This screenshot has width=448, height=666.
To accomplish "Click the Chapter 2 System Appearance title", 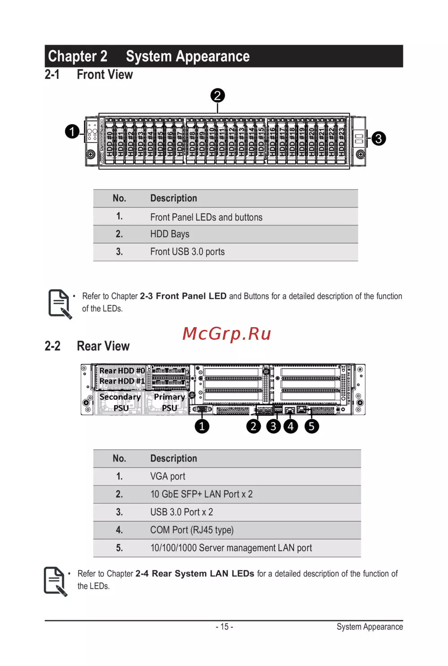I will pyautogui.click(x=149, y=56).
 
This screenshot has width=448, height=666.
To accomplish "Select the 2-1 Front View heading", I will pyautogui.click(x=89, y=74).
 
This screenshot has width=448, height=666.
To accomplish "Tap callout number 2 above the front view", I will pyautogui.click(x=217, y=95).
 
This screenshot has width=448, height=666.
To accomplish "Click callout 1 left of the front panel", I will pyautogui.click(x=72, y=131).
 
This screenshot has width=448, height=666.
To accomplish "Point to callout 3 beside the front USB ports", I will pyautogui.click(x=378, y=138).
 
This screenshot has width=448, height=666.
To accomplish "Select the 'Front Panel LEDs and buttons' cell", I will pyautogui.click(x=206, y=217).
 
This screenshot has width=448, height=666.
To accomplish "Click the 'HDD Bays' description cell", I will pyautogui.click(x=170, y=234).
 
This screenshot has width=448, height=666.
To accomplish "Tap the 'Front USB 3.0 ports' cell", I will pyautogui.click(x=187, y=252).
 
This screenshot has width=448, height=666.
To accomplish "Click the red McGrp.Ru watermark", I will pyautogui.click(x=227, y=334).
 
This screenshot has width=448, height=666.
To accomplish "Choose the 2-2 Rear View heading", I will pyautogui.click(x=87, y=346).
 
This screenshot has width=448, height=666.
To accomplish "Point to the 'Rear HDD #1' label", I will pyautogui.click(x=122, y=381).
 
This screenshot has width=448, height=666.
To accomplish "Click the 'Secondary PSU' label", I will pyautogui.click(x=120, y=402).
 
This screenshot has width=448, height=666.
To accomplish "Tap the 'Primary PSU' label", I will pyautogui.click(x=169, y=402).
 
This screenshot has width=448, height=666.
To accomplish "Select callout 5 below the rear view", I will pyautogui.click(x=311, y=426).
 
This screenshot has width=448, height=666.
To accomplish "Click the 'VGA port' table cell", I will pyautogui.click(x=168, y=476).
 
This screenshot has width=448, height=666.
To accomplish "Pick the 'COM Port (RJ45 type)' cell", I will pyautogui.click(x=192, y=530).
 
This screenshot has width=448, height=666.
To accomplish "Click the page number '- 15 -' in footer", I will pyautogui.click(x=224, y=627).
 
